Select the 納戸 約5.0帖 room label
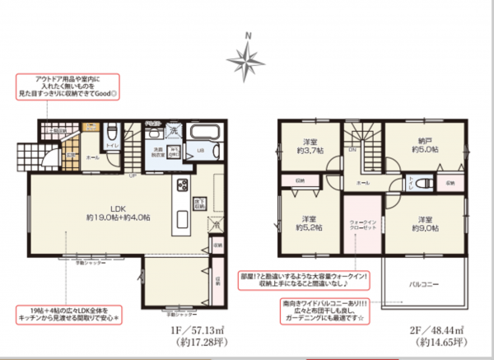422,145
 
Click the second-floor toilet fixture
423,183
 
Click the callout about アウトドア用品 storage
68,86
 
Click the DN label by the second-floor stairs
352,150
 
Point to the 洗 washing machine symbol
175,130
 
